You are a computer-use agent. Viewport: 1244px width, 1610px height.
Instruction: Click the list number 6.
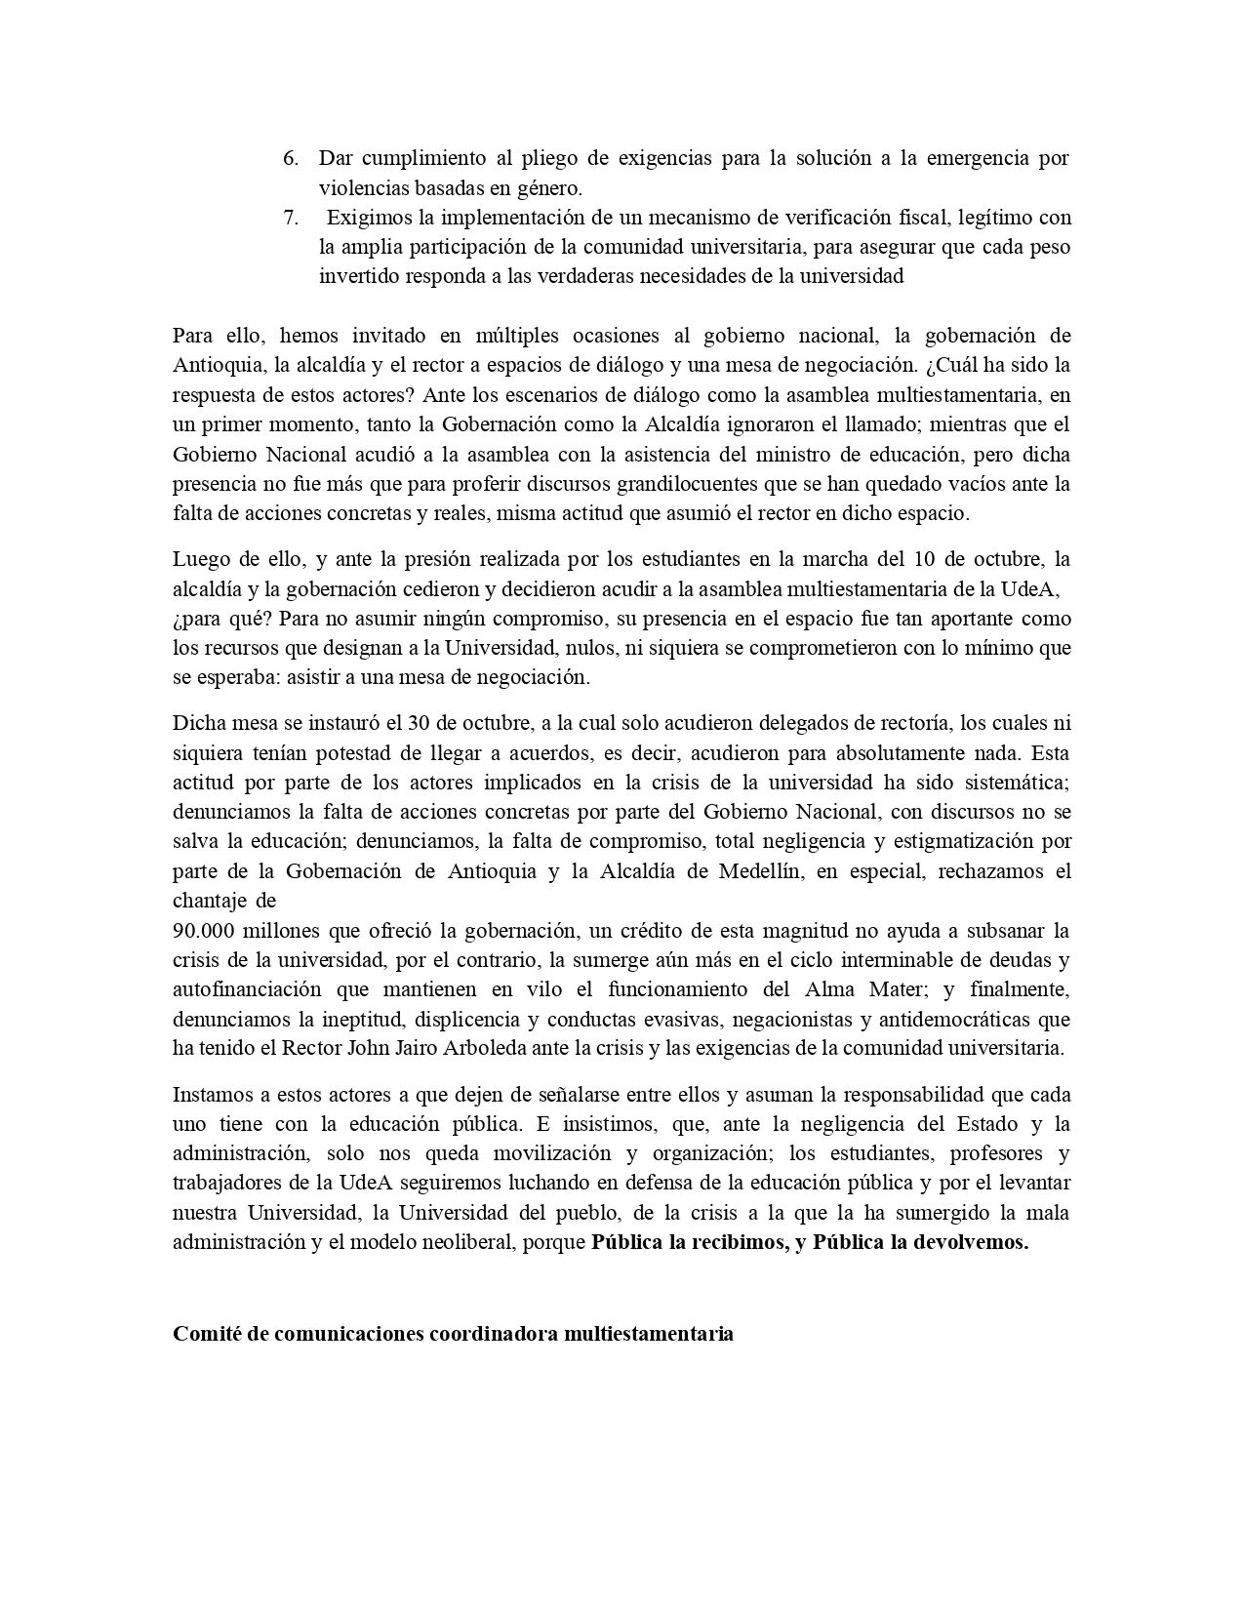tap(290, 158)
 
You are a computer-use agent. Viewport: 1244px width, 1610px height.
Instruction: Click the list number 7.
tap(290, 218)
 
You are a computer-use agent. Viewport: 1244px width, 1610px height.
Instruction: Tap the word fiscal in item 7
tap(921, 218)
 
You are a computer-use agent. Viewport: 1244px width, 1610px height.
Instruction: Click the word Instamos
tap(212, 1095)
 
